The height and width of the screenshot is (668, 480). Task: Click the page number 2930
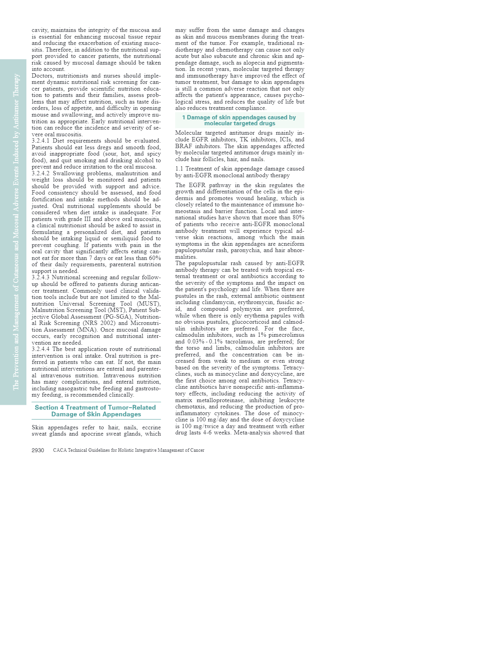point(38,450)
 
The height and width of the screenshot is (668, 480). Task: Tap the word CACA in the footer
point(59,450)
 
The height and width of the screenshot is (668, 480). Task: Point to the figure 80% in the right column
point(298,217)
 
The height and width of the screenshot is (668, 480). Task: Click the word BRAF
point(183,146)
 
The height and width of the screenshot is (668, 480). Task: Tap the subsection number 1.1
point(179,169)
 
